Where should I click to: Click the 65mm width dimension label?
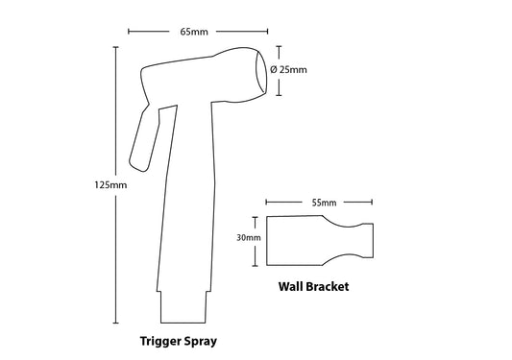click(x=195, y=31)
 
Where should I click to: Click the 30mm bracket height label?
click(x=248, y=238)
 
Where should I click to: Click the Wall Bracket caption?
click(x=313, y=286)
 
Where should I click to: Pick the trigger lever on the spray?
click(x=142, y=137)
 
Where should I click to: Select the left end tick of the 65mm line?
click(x=128, y=31)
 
